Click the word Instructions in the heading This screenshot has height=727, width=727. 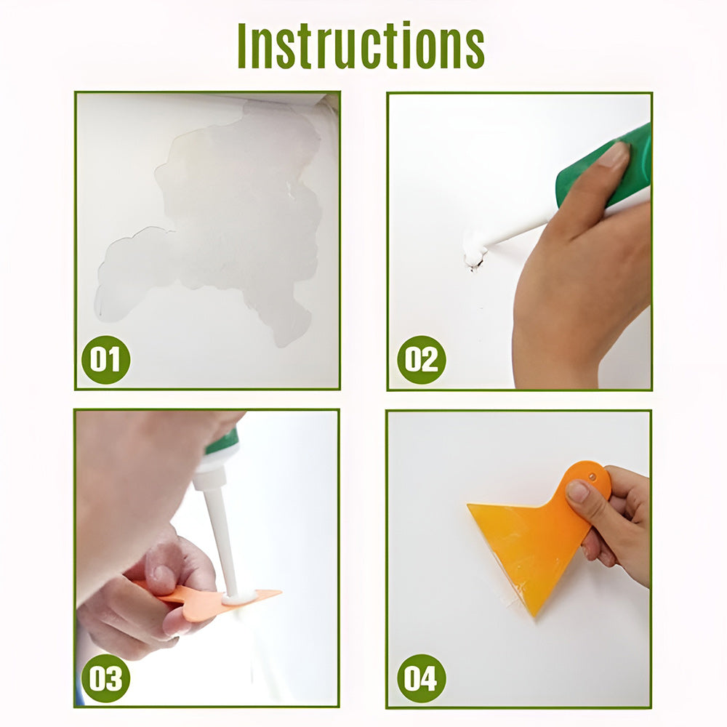click(x=361, y=45)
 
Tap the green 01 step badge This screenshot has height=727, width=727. click(x=105, y=359)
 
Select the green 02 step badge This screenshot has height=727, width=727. click(x=422, y=359)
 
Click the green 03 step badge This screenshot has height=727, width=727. click(x=105, y=678)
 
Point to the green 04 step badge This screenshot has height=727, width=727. click(x=422, y=678)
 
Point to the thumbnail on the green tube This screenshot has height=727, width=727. click(x=613, y=154)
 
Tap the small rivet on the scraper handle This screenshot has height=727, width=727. click(x=592, y=475)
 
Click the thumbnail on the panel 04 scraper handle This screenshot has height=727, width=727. click(x=578, y=491)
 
